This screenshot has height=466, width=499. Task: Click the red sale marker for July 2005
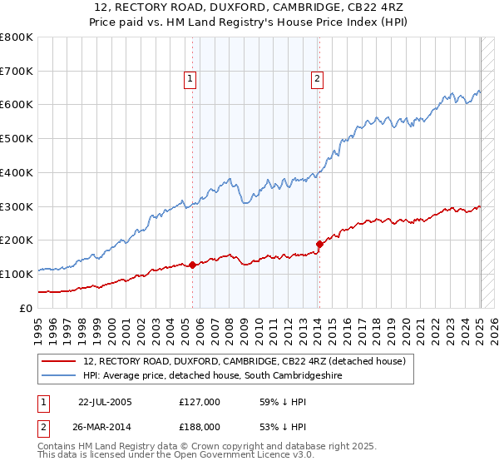tap(192, 265)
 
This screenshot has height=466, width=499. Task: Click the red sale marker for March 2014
tap(319, 245)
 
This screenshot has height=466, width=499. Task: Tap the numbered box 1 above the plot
tap(190, 80)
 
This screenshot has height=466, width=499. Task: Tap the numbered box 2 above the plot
tap(318, 80)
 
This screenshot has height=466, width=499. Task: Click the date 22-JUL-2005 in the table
tap(105, 402)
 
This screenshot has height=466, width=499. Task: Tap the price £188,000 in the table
tap(200, 425)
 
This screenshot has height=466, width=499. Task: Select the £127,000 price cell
tap(200, 402)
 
